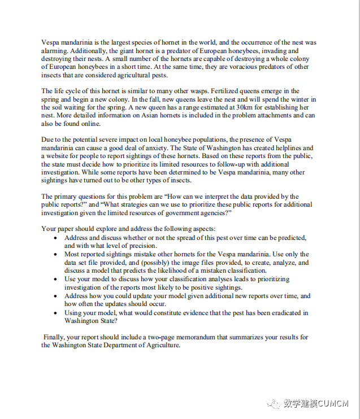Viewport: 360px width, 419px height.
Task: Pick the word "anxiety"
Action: click(149, 148)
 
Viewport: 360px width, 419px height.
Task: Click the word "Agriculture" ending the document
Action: click(161, 345)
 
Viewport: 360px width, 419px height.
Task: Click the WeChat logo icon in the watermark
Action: click(272, 403)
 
